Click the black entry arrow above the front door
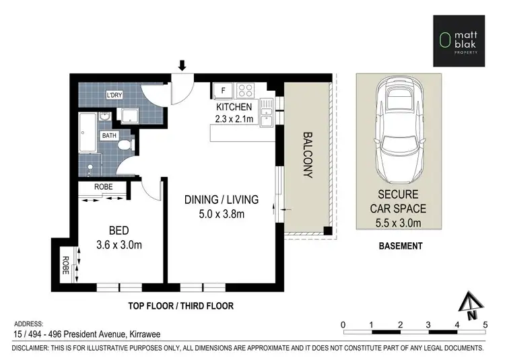pyautogui.click(x=182, y=65)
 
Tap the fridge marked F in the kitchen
pyautogui.click(x=223, y=91)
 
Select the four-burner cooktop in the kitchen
pyautogui.click(x=245, y=90)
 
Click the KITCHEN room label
pyautogui.click(x=234, y=107)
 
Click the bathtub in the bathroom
pyautogui.click(x=88, y=133)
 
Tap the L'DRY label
pyautogui.click(x=114, y=95)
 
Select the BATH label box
pyautogui.click(x=109, y=135)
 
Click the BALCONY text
pyautogui.click(x=308, y=155)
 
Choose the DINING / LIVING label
pyautogui.click(x=222, y=200)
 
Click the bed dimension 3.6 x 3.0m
pyautogui.click(x=119, y=245)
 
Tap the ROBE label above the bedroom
pyautogui.click(x=104, y=187)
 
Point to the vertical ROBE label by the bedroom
pyautogui.click(x=65, y=265)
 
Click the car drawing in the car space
pyautogui.click(x=399, y=130)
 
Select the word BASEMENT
pyautogui.click(x=401, y=246)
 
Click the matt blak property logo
pyautogui.click(x=459, y=41)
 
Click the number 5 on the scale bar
pyautogui.click(x=485, y=325)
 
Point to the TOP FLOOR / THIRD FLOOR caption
pyautogui.click(x=181, y=305)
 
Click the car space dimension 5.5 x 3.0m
pyautogui.click(x=398, y=223)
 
